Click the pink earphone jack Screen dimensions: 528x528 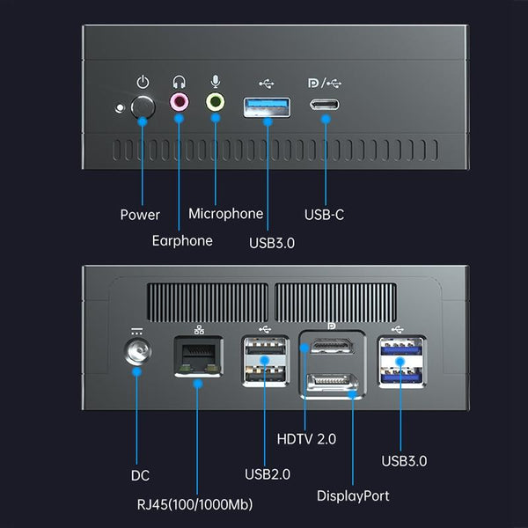pyautogui.click(x=180, y=103)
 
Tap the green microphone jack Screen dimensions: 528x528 pyautogui.click(x=215, y=103)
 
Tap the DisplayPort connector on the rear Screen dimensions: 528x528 pyautogui.click(x=328, y=384)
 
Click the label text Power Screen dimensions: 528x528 pyautogui.click(x=140, y=215)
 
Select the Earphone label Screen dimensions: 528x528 pyautogui.click(x=182, y=240)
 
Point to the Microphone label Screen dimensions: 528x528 pyautogui.click(x=225, y=214)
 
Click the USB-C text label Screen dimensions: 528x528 pyautogui.click(x=324, y=214)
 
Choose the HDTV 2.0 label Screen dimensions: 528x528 pyautogui.click(x=305, y=438)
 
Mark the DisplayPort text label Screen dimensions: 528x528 pyautogui.click(x=353, y=495)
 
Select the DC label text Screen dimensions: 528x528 pyautogui.click(x=140, y=475)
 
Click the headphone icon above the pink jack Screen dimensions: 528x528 pyautogui.click(x=180, y=81)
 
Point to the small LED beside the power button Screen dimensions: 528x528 pyautogui.click(x=121, y=108)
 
